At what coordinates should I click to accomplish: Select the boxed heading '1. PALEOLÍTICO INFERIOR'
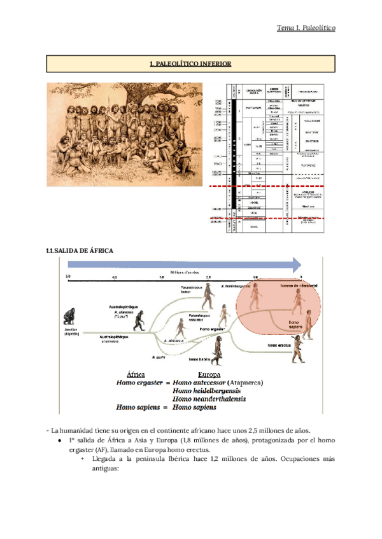point(190,64)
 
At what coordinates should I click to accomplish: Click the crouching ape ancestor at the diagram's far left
point(70,318)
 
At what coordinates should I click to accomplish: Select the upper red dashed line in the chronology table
point(268,186)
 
